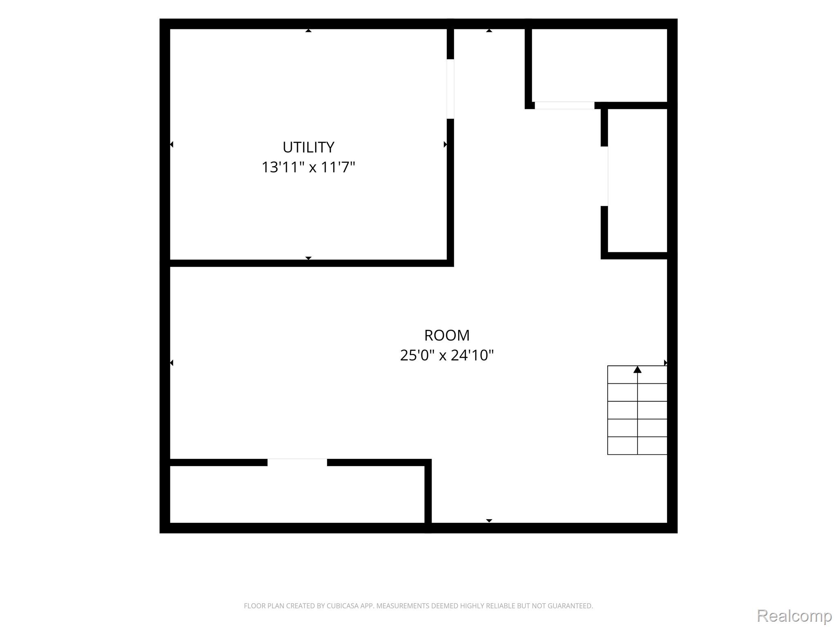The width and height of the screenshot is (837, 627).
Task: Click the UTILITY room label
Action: point(309,147)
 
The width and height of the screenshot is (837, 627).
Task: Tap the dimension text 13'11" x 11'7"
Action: point(309,167)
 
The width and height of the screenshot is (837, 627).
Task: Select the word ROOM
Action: point(447,335)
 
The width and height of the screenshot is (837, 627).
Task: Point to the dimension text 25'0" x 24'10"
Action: point(447,355)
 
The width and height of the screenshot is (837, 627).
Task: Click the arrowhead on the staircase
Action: point(637,369)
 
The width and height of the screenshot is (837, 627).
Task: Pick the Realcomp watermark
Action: point(794,615)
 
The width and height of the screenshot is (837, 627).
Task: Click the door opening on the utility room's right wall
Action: point(450,89)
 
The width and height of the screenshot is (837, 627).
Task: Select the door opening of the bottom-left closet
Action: point(297,462)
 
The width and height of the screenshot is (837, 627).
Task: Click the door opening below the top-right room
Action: point(564,105)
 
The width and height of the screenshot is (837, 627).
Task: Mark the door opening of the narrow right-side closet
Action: point(604,176)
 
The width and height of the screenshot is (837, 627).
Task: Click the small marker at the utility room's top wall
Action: point(309,30)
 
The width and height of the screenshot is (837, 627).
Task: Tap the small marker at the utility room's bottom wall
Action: point(309,258)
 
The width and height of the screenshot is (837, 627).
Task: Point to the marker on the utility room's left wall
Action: point(172,145)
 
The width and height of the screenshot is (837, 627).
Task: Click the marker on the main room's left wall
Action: point(172,363)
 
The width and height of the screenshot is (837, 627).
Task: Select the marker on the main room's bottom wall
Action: point(489,521)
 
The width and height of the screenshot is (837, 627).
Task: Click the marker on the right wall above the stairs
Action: point(665,363)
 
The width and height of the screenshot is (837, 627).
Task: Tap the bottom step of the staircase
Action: point(637,446)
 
